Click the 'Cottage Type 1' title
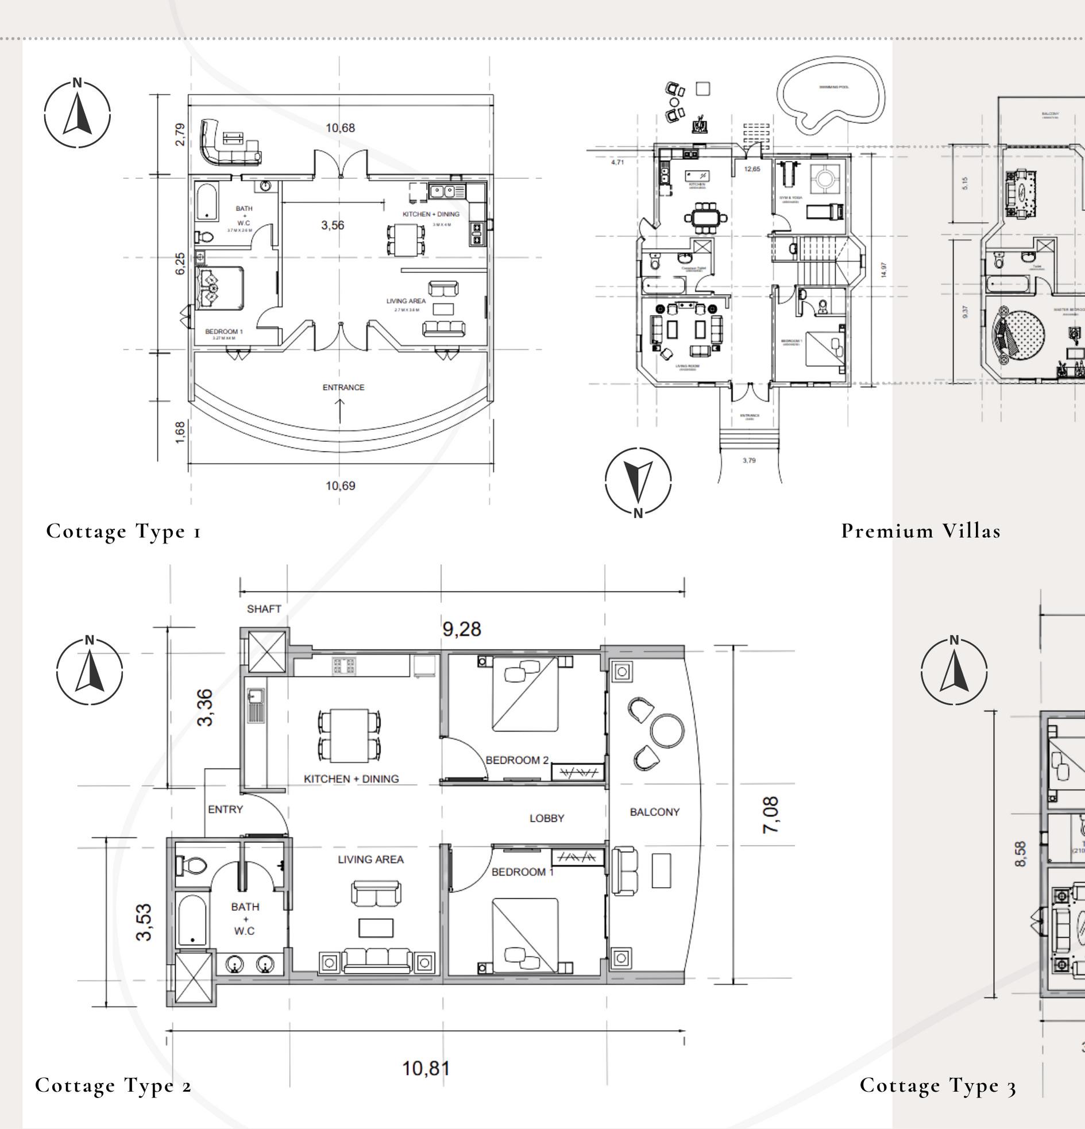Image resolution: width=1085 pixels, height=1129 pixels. (x=124, y=530)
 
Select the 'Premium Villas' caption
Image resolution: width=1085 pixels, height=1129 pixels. (x=921, y=530)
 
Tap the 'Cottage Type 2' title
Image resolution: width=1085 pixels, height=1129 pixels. (x=114, y=1086)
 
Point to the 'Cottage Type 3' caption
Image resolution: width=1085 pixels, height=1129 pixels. (x=938, y=1086)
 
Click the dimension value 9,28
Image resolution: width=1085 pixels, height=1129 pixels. (x=461, y=629)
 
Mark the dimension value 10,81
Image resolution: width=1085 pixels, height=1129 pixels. (x=426, y=1069)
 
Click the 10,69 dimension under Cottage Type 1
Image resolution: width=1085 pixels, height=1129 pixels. (x=341, y=485)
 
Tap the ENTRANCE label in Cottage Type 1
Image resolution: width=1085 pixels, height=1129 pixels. (x=343, y=387)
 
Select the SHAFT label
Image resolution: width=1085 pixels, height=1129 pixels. (x=264, y=609)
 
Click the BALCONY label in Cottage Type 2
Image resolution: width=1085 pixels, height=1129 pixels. (x=654, y=812)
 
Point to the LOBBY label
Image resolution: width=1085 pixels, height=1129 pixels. (x=547, y=818)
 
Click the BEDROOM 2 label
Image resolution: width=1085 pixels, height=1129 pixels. (x=516, y=760)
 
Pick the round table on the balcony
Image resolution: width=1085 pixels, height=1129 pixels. (x=667, y=730)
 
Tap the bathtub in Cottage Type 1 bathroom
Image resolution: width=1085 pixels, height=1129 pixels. (x=206, y=202)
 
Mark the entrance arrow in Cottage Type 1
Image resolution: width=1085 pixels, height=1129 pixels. (x=340, y=410)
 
